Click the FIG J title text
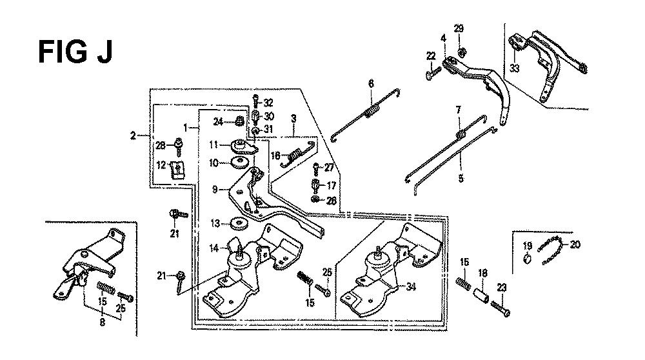coord(75,52)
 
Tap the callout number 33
coord(515,68)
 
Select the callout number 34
coord(410,286)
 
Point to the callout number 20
coord(575,245)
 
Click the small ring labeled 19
coord(528,259)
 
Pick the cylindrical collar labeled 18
coord(482,295)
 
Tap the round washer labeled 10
coord(239,162)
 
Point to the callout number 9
coord(215,190)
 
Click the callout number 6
coord(371,84)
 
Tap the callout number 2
coord(133,135)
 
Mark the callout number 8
coord(102,323)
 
